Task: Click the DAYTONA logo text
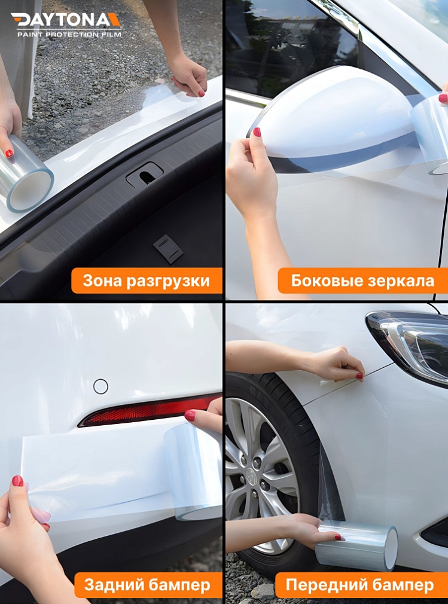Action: tap(66, 20)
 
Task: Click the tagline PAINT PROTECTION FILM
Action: tap(69, 35)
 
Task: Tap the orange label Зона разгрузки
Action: tap(147, 280)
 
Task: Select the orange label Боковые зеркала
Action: tap(362, 280)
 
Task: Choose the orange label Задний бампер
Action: tap(147, 585)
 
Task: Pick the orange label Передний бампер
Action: tap(359, 585)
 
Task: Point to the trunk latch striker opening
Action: tap(144, 175)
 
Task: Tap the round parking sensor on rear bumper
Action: tap(100, 386)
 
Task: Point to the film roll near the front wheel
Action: tap(357, 546)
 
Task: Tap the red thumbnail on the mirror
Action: tap(257, 132)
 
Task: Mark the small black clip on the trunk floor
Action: tap(167, 249)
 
